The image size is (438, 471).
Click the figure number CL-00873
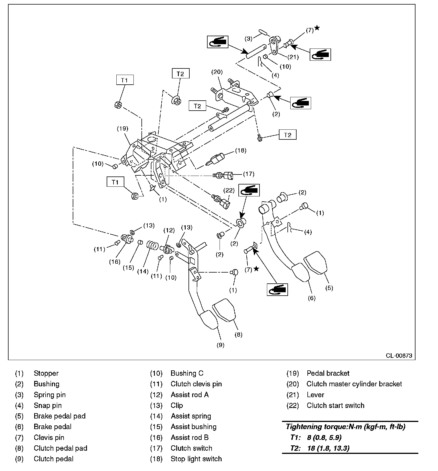click(x=399, y=356)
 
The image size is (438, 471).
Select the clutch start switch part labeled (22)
click(x=223, y=202)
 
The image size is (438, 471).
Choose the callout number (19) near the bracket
click(x=123, y=128)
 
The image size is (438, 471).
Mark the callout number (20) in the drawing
click(x=217, y=72)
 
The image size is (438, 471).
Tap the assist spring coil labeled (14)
click(x=152, y=245)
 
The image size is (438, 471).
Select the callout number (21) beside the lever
click(x=293, y=57)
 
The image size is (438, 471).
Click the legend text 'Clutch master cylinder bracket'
click(x=354, y=384)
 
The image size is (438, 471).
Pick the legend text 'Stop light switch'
click(x=196, y=459)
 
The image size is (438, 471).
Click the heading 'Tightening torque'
click(x=345, y=427)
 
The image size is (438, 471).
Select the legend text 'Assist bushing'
click(x=193, y=427)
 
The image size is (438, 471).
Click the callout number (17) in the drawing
click(x=248, y=174)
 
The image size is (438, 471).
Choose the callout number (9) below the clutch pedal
click(x=220, y=345)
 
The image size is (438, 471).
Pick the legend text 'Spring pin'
click(x=50, y=395)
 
